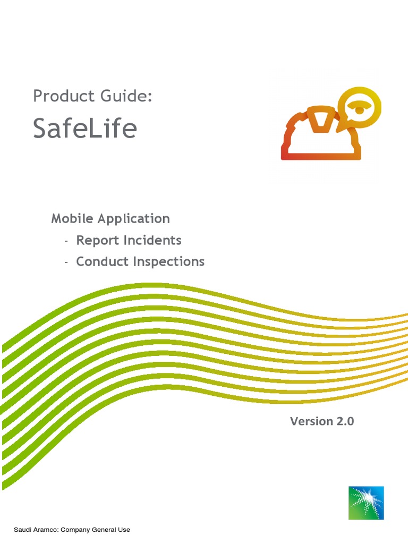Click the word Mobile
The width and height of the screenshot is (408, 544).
[x=72, y=218]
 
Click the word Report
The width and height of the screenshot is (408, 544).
[x=98, y=240]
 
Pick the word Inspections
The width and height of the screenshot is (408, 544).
[x=168, y=261]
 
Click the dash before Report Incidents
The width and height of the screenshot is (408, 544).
[x=66, y=241]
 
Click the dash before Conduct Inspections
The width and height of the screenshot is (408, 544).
[x=66, y=262]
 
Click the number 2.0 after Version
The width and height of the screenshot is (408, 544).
[x=344, y=421]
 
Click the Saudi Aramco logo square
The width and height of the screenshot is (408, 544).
[x=366, y=503]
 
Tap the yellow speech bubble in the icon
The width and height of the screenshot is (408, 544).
[x=360, y=108]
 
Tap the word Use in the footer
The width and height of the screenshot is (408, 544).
[x=124, y=530]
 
